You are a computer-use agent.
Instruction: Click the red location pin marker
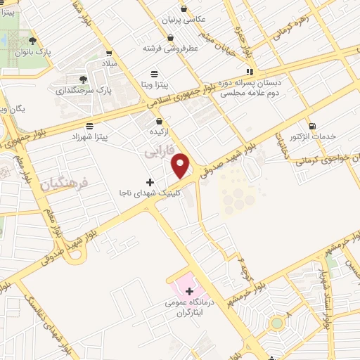(x=181, y=165)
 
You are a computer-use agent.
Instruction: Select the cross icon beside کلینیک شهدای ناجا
(x=150, y=182)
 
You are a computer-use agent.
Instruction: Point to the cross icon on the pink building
(x=189, y=290)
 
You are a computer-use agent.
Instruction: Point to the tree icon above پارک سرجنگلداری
(x=84, y=79)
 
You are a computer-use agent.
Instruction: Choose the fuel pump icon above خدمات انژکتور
(x=311, y=124)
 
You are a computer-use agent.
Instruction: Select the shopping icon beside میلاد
(x=109, y=51)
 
